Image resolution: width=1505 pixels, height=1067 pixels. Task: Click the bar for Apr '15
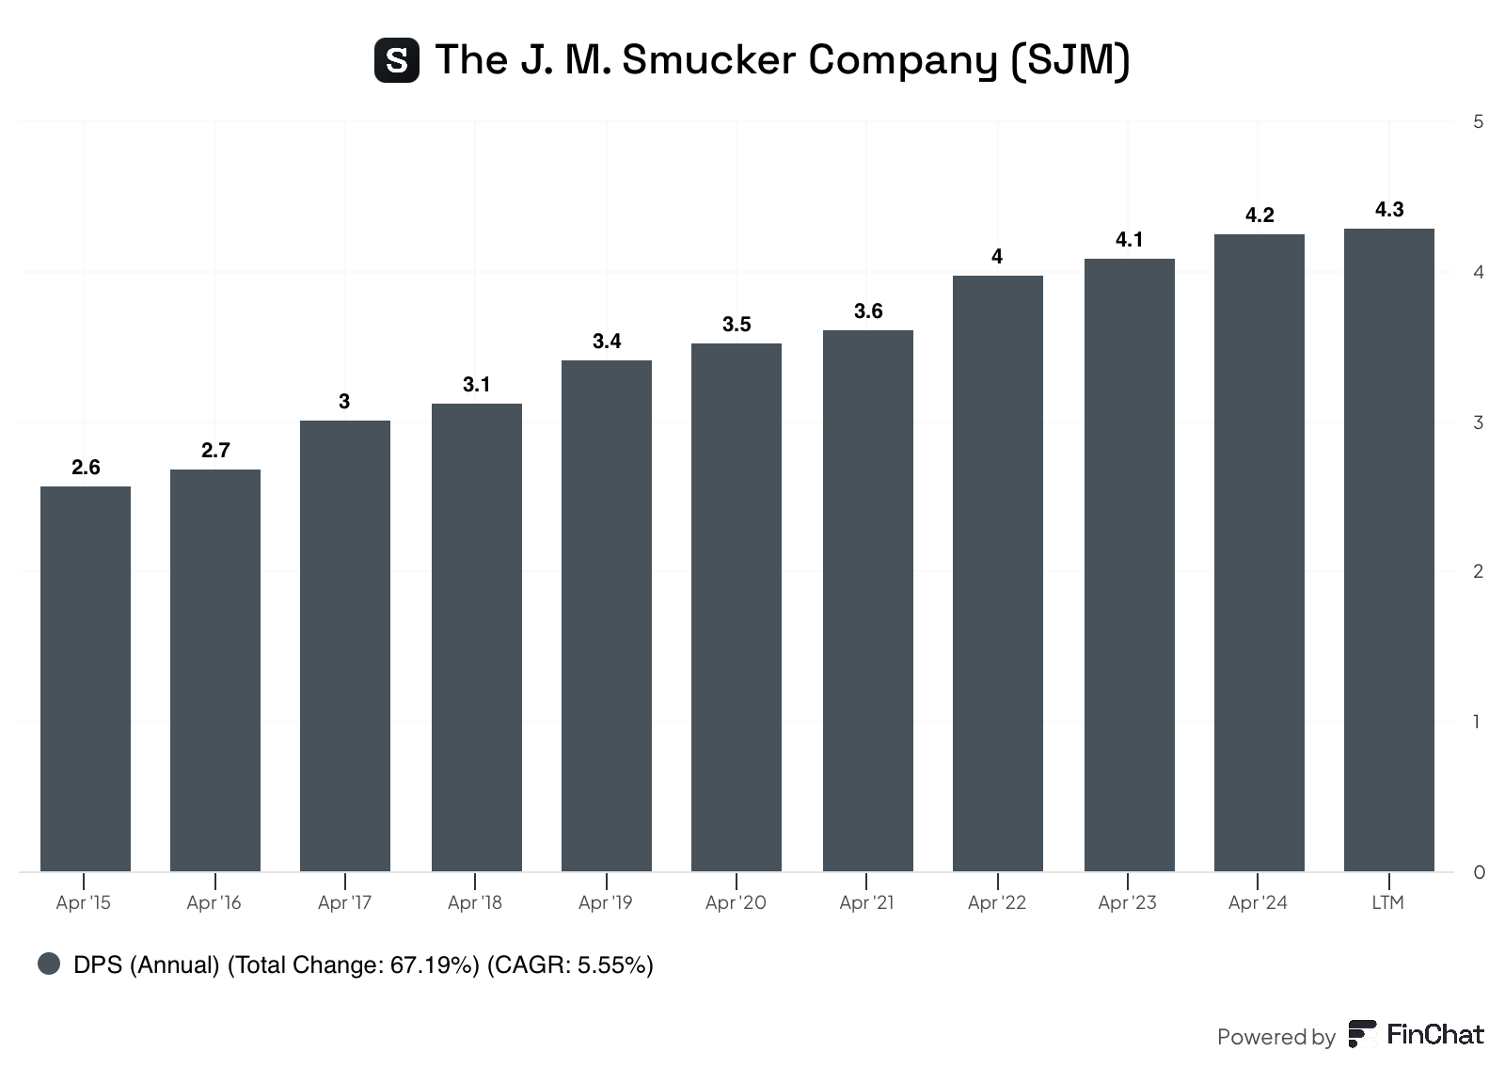86,678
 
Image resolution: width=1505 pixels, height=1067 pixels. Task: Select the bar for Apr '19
607,615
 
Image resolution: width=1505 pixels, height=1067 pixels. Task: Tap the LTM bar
1388,549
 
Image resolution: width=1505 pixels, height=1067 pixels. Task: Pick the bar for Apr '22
998,573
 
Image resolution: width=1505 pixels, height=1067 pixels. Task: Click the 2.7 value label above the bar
215,451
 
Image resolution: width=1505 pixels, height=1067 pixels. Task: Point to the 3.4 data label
607,342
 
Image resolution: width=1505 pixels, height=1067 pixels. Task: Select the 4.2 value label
1259,215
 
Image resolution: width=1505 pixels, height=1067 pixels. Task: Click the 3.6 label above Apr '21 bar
868,311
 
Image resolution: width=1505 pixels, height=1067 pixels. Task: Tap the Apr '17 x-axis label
344,902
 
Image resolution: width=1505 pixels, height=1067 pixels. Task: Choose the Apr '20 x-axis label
736,902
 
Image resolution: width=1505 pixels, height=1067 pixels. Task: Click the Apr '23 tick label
1127,902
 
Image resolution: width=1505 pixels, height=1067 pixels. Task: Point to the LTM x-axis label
1387,902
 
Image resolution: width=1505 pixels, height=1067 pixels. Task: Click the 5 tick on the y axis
1479,121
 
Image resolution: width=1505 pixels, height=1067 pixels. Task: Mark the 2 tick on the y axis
1479,571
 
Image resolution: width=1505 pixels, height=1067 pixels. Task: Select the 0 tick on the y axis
1479,872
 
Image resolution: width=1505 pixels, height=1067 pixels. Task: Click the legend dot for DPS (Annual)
49,963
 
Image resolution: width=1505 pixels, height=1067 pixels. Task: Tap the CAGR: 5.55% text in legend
570,964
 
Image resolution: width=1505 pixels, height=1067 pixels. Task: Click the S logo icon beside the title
397,60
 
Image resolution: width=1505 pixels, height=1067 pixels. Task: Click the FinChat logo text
1434,1035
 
